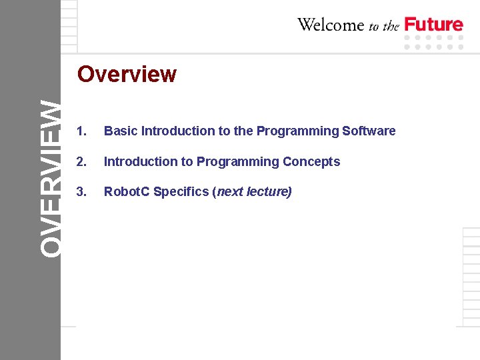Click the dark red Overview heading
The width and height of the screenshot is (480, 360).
pos(127,74)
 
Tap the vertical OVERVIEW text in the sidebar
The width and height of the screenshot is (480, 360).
pos(51,177)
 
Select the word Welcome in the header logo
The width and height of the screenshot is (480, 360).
pos(331,25)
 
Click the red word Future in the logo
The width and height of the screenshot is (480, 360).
pos(434,25)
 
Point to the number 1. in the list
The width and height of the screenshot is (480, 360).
pos(81,131)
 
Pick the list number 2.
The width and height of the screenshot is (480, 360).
pos(81,162)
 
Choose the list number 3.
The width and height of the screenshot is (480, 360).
pos(81,192)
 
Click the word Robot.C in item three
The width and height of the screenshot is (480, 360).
pos(127,192)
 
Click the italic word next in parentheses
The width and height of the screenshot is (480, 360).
pos(230,192)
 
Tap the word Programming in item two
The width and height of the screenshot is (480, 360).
pos(238,162)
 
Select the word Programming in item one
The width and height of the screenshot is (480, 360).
pos(297,131)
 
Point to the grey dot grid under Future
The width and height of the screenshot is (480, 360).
pos(434,43)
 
